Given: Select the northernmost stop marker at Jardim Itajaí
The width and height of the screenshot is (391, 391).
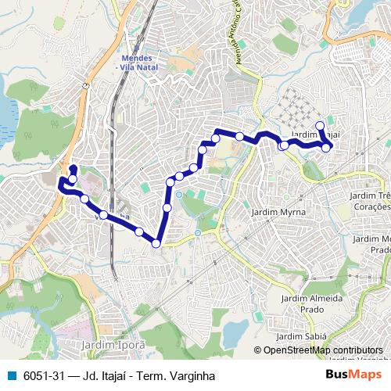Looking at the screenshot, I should [319, 126].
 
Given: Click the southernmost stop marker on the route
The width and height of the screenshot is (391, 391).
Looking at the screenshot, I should [156, 243].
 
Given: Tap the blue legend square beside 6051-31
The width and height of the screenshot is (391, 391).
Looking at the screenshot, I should [9, 376].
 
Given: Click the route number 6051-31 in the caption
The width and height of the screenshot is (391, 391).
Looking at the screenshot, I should [44, 376].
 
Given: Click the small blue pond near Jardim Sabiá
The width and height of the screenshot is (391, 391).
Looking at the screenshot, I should [235, 332].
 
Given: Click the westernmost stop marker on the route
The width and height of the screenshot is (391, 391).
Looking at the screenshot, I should [62, 184].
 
